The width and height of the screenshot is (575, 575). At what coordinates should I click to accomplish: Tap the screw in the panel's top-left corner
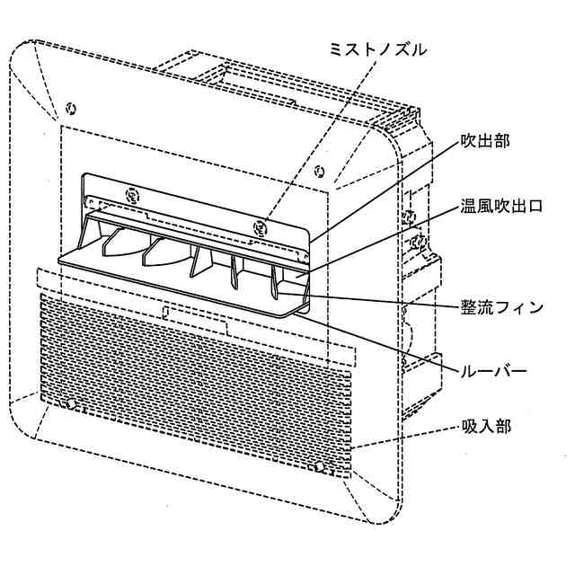71,110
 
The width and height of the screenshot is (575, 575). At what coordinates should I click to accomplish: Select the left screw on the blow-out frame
133,192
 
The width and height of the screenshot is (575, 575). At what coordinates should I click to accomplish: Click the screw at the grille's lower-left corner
71,406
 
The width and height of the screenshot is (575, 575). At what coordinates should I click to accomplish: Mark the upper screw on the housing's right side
410,217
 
